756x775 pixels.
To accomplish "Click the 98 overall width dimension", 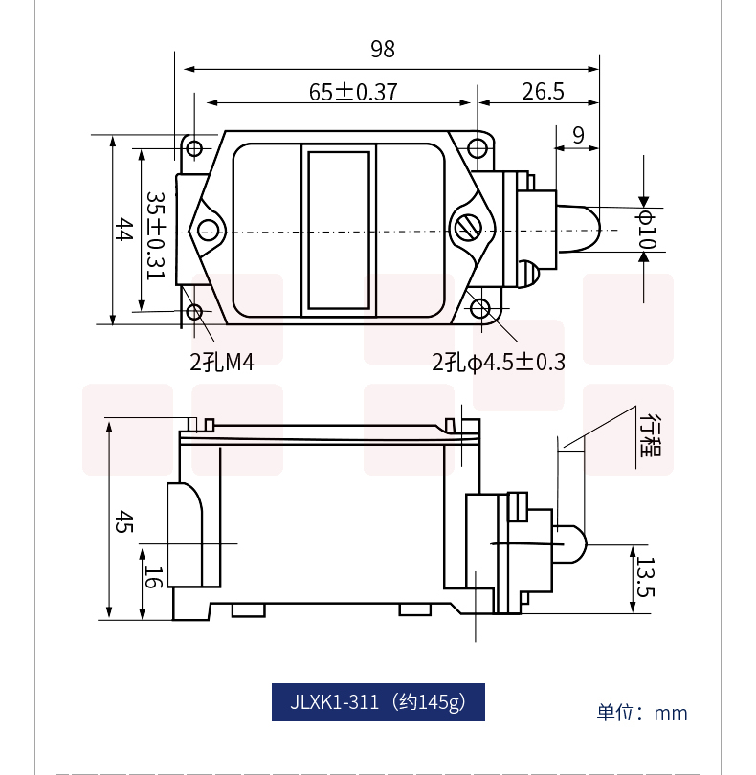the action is tap(383, 49).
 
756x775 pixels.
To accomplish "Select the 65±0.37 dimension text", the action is tap(353, 92).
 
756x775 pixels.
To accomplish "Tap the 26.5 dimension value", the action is tap(543, 92).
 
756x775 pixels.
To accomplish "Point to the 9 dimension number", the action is tap(578, 135).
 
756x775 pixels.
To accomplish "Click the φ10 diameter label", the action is tap(646, 230).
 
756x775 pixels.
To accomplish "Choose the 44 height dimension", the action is tap(123, 229).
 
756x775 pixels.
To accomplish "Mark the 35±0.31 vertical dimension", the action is tap(156, 235).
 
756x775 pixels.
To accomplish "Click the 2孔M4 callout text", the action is tap(222, 363).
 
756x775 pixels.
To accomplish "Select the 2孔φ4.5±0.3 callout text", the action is tap(499, 363).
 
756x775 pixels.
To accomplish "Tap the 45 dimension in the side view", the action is tap(123, 522).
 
